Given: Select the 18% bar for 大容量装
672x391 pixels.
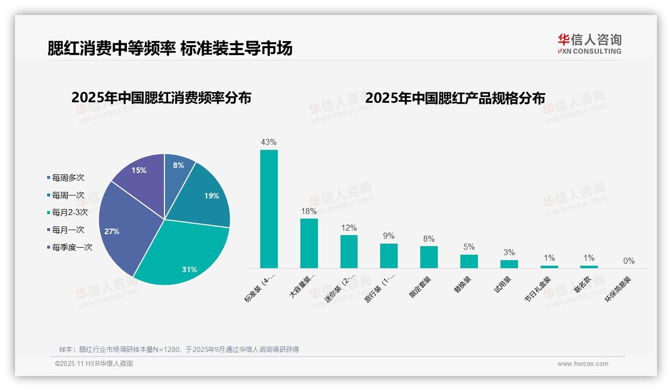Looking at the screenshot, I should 309,243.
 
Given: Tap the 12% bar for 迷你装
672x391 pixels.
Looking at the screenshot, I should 349,251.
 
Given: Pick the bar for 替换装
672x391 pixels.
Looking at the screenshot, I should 469,261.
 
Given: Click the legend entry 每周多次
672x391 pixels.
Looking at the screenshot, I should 68,177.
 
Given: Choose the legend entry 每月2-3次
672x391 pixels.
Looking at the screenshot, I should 70,213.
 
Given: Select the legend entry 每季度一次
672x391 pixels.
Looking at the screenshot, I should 72,247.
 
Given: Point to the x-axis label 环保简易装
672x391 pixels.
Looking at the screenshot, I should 618,289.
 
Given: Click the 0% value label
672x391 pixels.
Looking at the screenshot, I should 629,261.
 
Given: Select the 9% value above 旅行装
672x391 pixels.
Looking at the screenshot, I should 389,236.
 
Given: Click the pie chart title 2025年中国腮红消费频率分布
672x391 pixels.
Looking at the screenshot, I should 161,98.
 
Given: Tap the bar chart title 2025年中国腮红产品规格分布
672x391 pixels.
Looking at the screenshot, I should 455,98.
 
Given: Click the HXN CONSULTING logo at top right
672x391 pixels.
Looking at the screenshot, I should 589,44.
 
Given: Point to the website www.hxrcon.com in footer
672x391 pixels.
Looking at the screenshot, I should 583,364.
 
